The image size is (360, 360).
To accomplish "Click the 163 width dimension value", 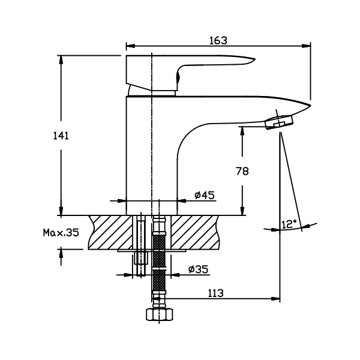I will [218, 40].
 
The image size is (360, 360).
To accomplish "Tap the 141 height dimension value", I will [61, 136].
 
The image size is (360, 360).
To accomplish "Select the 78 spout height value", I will [242, 171].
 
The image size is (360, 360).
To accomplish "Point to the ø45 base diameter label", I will [205, 195].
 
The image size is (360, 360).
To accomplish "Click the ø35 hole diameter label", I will [197, 269].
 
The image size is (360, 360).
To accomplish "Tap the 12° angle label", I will [289, 224].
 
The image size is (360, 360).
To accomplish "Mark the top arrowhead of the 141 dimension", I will [61, 59].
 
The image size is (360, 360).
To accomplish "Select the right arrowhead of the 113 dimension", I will [277, 299].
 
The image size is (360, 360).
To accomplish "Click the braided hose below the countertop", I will [158, 264].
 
